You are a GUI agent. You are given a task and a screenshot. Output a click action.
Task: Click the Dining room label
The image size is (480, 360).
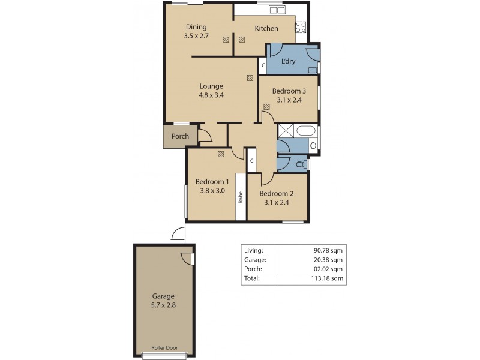[x=196, y=27]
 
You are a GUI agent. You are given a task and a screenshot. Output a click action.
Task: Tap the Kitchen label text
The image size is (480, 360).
[x=266, y=28]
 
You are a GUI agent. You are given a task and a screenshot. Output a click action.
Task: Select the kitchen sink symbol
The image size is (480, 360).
[x=277, y=10]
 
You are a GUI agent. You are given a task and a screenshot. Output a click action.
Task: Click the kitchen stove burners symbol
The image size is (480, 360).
[x=301, y=26]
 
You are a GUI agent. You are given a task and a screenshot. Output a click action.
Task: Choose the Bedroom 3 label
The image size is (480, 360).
[x=289, y=91]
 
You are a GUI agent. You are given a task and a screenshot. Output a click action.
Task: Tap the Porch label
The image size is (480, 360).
[x=180, y=136]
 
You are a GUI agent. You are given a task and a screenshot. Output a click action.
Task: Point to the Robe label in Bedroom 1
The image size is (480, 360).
[x=241, y=197]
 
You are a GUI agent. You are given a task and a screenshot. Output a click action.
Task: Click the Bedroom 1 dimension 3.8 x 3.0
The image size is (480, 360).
[x=211, y=191]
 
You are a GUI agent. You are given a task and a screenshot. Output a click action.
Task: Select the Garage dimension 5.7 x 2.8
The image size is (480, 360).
[x=163, y=305]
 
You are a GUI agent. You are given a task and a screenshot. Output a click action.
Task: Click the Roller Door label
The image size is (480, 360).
[x=163, y=348]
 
